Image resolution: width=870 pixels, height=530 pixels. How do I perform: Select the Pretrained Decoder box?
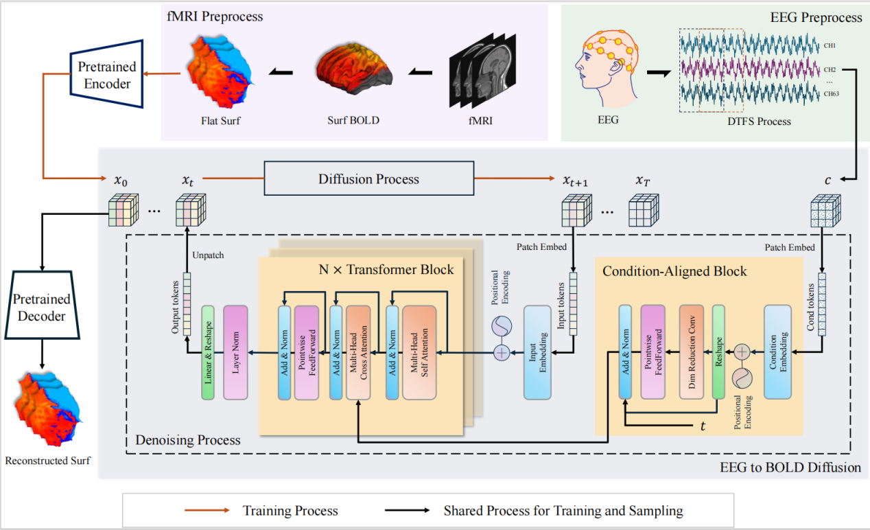point(42,307)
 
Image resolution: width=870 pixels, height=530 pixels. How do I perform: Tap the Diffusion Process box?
point(368,179)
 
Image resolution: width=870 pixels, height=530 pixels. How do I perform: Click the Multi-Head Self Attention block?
point(419,353)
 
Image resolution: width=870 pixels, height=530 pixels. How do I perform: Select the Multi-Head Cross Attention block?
point(363,353)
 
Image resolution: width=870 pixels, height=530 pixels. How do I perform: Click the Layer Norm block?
point(235,353)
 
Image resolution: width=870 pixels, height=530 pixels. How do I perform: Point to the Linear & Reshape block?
point(209,353)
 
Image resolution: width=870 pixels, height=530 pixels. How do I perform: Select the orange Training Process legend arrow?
point(207,511)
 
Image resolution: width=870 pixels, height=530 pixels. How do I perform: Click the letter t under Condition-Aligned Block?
point(703,426)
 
